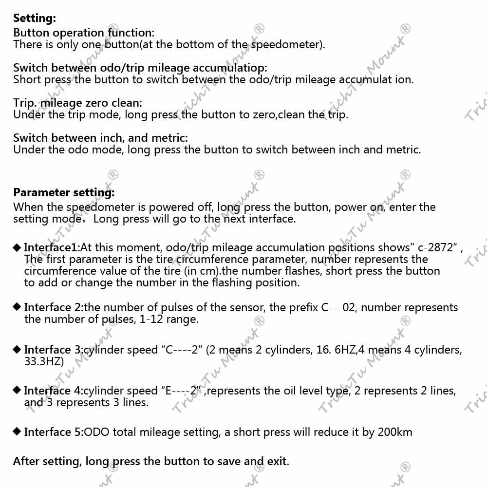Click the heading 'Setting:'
(35, 19)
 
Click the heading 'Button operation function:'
(84, 33)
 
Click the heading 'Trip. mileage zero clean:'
(78, 103)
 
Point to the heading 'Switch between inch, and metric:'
(100, 138)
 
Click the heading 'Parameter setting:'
(64, 192)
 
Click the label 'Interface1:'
(52, 247)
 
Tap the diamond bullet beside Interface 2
(17, 307)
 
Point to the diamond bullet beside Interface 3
(17, 349)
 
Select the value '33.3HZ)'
(44, 361)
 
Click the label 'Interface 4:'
(54, 391)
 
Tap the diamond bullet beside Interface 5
(17, 431)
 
